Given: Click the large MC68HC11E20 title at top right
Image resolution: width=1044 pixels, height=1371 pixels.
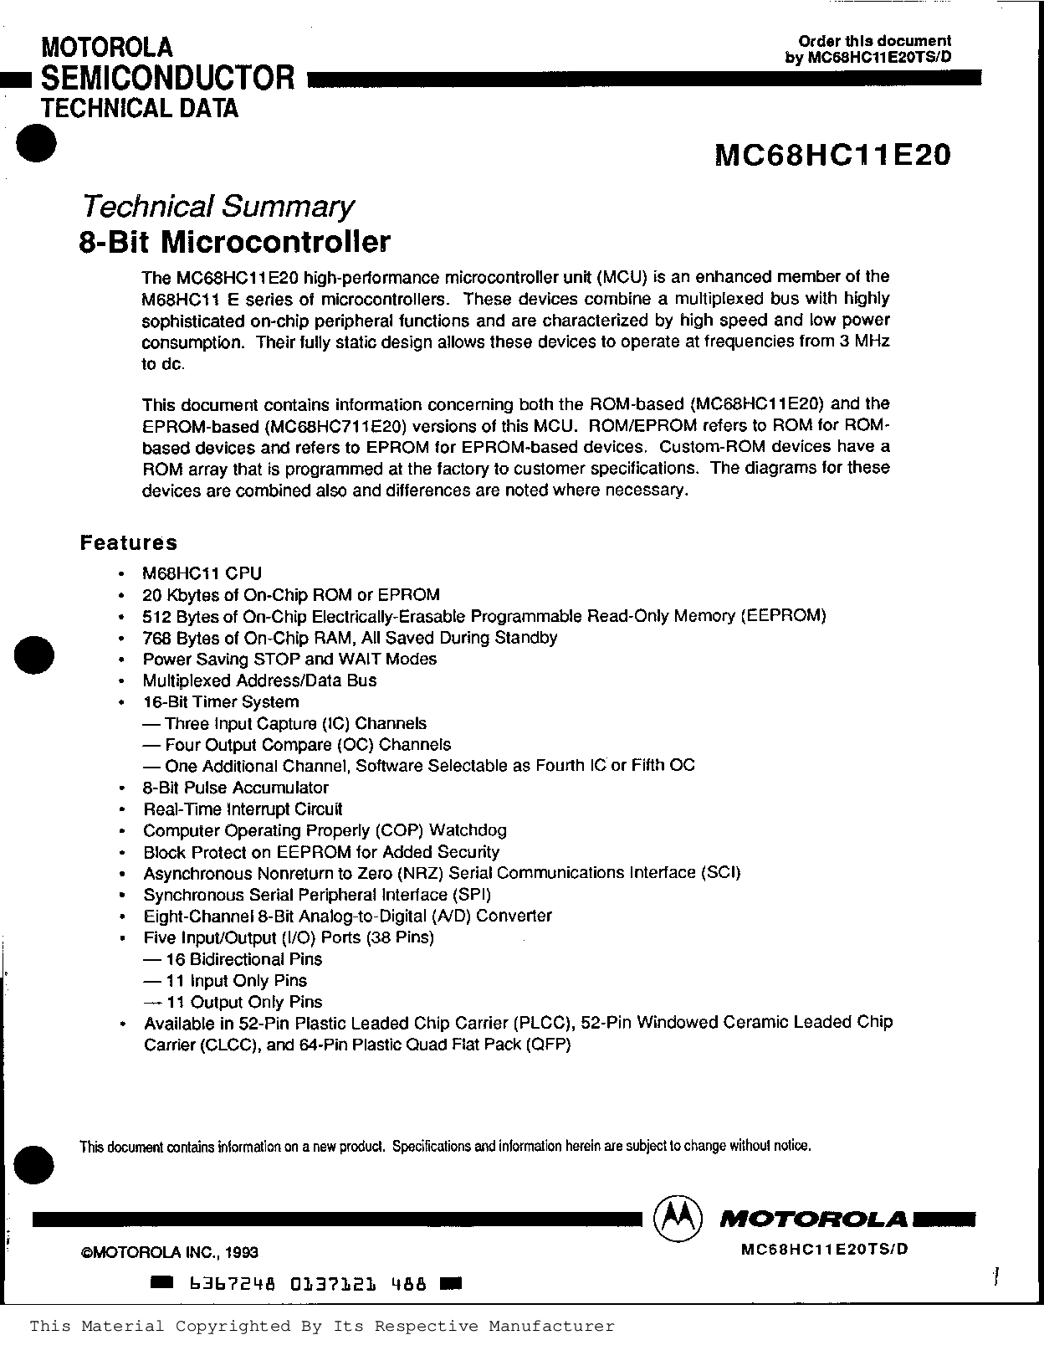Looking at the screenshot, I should (832, 156).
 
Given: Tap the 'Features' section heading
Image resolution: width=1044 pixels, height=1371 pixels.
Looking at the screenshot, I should (129, 542).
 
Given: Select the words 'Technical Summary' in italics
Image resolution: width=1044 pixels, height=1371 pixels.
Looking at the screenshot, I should (216, 206).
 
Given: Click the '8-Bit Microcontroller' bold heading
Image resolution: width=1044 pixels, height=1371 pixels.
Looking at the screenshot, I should (234, 242).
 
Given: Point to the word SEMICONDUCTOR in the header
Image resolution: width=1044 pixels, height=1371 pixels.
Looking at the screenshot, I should (167, 78).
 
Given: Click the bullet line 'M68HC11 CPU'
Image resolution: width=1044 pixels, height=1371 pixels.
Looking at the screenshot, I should (202, 573).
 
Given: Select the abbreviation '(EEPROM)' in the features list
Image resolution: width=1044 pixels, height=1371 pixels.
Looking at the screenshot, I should (783, 616).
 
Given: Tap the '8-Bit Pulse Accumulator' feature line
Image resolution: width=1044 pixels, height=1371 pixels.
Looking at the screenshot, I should (236, 788).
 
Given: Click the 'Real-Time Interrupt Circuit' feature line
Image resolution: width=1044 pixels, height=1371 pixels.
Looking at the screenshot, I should (243, 809).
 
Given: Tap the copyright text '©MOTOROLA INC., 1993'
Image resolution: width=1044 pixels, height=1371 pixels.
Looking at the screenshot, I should (169, 1252).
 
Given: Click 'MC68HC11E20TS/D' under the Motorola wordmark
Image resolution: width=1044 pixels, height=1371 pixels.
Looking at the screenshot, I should (824, 1249).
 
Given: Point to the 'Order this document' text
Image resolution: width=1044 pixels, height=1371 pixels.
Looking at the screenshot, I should (874, 41).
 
